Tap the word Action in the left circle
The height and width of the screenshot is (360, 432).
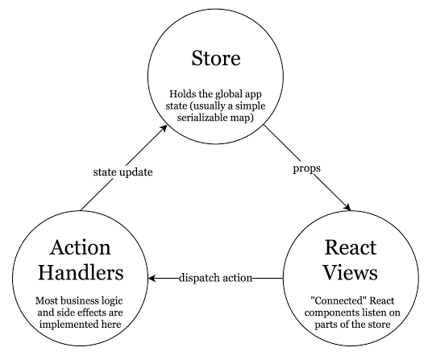click(79, 247)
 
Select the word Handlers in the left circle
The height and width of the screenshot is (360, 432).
click(79, 272)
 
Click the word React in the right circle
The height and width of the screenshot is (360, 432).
click(351, 247)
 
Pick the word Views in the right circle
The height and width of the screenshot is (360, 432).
click(351, 272)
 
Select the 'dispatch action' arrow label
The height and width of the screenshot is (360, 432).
click(214, 278)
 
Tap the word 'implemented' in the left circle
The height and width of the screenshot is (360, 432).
click(79, 324)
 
